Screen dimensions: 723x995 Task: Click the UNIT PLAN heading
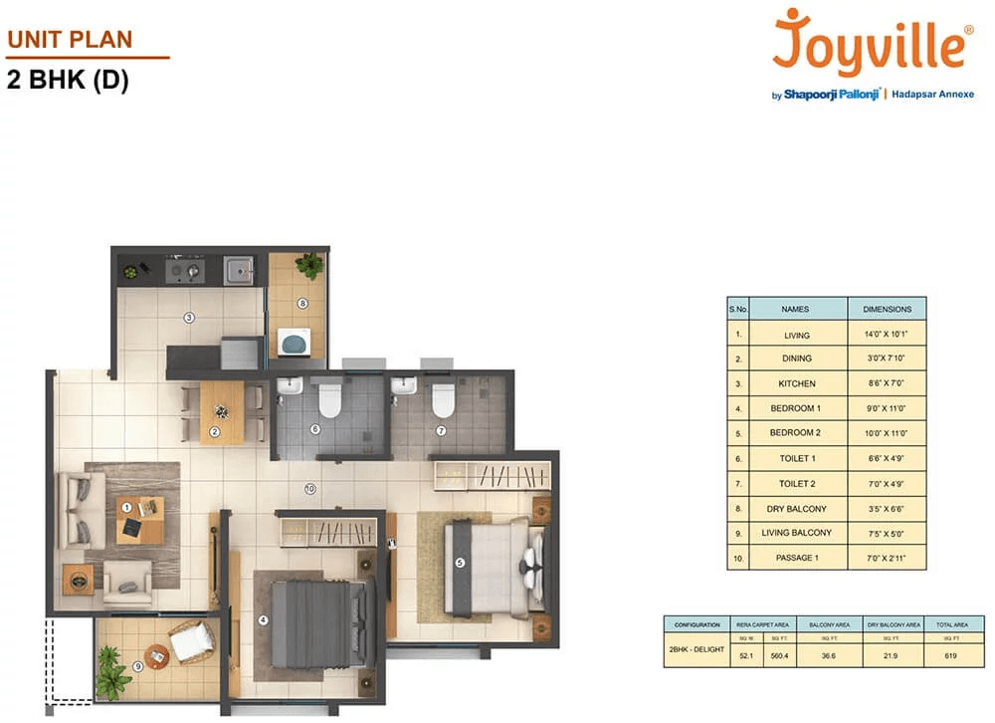(70, 41)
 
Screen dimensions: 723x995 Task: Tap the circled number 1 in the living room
(126, 507)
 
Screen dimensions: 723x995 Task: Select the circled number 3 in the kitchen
(187, 318)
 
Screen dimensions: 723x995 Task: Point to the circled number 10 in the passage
(310, 489)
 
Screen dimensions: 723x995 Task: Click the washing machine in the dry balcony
(295, 343)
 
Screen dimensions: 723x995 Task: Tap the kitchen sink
(238, 270)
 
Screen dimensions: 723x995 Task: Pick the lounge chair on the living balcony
(190, 641)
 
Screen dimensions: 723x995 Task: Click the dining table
(221, 411)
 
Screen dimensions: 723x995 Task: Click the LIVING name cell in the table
(797, 336)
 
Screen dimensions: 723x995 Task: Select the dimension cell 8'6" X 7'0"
(887, 383)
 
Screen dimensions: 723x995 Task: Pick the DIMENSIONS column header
(887, 309)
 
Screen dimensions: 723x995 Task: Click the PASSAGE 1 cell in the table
(797, 558)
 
